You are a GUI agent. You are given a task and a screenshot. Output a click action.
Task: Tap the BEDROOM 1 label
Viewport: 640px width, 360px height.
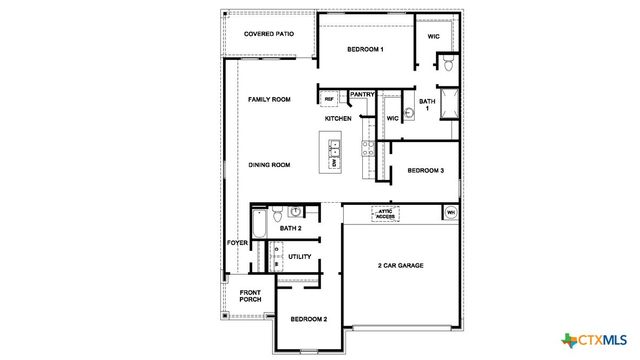click(366, 49)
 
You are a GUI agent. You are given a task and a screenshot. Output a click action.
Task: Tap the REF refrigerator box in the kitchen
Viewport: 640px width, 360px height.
click(329, 99)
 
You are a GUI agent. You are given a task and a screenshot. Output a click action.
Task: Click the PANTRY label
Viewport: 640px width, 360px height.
click(361, 95)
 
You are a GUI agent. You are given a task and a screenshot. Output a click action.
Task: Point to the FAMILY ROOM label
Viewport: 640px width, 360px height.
click(269, 100)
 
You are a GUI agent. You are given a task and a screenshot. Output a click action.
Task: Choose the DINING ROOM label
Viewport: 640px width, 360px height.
click(269, 164)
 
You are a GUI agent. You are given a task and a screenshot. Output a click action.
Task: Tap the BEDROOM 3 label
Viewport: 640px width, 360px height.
click(425, 171)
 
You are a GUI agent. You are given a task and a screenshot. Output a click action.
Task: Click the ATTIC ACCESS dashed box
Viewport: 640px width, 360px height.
click(386, 214)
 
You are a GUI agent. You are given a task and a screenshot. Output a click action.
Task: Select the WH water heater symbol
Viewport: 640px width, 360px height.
click(450, 213)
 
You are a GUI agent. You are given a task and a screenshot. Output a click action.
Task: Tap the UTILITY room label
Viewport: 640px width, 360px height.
click(299, 257)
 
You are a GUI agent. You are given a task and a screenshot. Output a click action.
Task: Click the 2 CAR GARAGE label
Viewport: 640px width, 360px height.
click(401, 266)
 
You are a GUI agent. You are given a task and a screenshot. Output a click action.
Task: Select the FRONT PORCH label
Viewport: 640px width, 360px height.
click(250, 298)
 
